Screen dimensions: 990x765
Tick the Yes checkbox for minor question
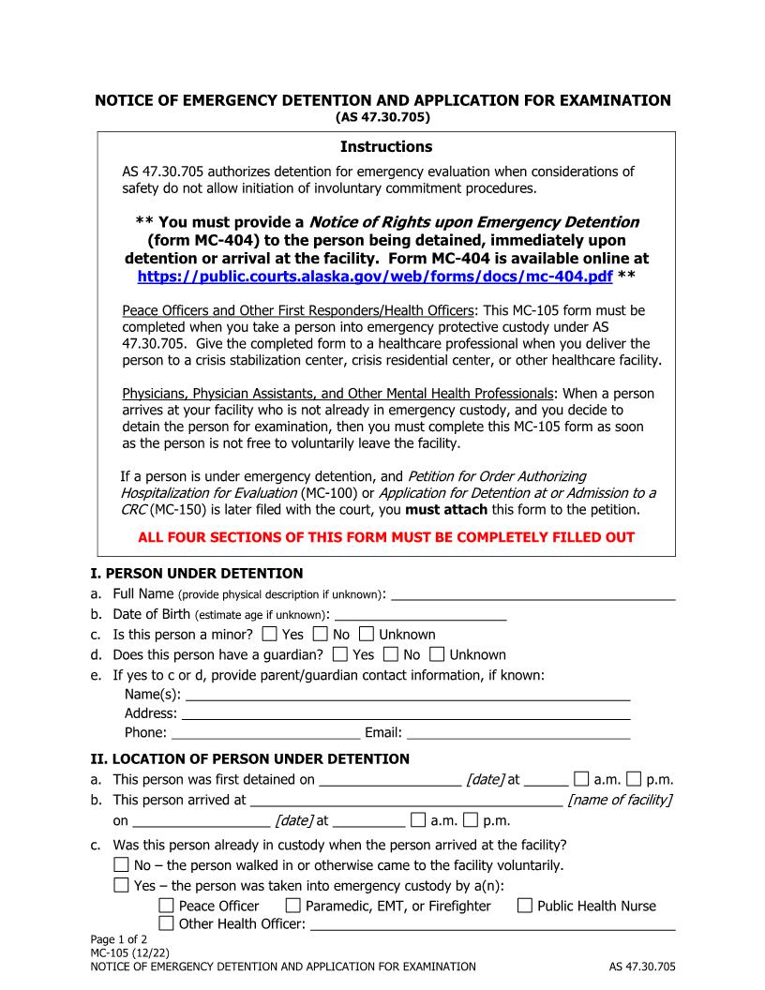pos(270,635)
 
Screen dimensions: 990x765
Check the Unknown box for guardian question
pos(457,655)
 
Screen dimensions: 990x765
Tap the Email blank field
pos(517,733)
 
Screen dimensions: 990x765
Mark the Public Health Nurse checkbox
pos(525,906)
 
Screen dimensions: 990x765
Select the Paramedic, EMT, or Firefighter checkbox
pos(293,906)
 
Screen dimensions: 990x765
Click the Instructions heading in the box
pos(385,147)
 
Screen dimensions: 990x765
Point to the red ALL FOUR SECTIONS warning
pos(385,537)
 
